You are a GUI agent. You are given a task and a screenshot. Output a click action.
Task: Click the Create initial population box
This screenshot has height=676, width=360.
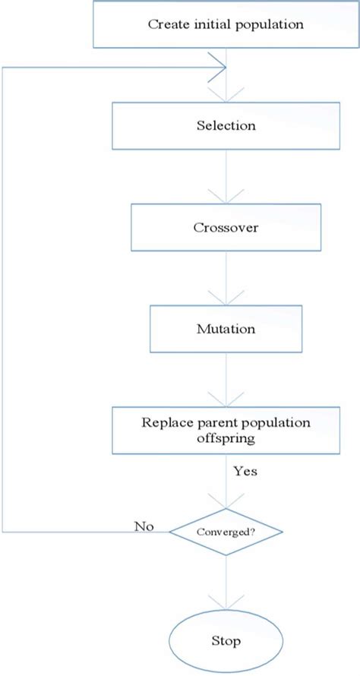tap(226, 24)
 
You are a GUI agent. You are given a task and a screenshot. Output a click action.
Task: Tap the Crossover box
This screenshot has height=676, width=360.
tap(226, 227)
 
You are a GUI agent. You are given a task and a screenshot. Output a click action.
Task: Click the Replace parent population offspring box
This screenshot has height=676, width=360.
tap(226, 430)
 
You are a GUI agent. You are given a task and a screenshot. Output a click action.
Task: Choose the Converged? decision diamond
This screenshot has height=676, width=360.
tap(226, 532)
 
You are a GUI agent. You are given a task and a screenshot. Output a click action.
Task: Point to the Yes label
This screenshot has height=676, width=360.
tap(245, 472)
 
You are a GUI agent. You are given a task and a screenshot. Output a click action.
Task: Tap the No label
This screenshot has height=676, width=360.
tap(144, 526)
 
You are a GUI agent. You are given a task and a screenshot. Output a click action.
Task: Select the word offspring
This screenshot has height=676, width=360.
tap(226, 438)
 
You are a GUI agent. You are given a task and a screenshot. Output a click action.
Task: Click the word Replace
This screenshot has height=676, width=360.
tap(163, 422)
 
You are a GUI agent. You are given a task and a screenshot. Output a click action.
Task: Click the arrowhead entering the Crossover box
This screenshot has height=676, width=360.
tap(226, 198)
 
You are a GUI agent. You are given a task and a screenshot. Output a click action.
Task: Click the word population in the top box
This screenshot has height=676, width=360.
tap(269, 24)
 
